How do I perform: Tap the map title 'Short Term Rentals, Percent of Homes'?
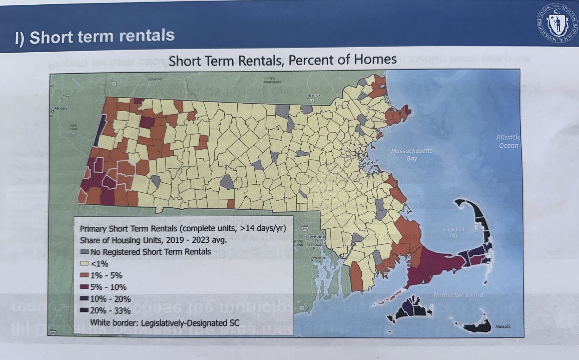coord(282,60)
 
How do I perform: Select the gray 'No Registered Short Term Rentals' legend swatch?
coord(85,252)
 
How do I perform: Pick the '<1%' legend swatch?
coord(85,263)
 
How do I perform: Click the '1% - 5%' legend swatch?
coord(85,275)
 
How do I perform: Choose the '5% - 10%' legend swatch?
coord(85,287)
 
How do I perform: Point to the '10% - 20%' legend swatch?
coord(85,298)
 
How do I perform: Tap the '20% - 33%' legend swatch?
coord(85,310)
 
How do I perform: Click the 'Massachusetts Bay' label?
coord(412,154)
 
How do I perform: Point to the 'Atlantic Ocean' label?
coord(508,141)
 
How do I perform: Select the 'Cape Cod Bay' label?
coord(454,232)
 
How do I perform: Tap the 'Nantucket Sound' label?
coord(458,295)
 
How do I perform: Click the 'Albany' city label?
coord(61,108)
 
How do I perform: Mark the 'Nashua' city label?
coord(314,95)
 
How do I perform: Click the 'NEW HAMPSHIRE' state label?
coord(272,80)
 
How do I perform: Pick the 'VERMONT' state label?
coord(155,79)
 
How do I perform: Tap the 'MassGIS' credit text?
coord(503,326)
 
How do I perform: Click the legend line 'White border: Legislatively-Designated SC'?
coord(164,323)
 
